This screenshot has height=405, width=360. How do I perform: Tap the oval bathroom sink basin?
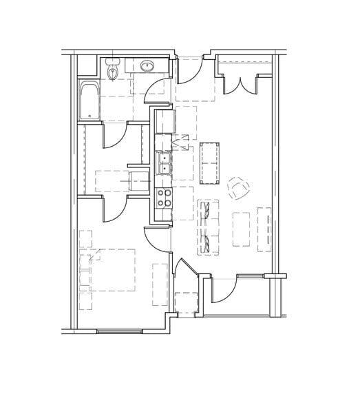point(146,67)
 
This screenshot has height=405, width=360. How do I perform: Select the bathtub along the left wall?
point(89,100)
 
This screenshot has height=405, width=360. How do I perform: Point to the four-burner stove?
point(165,198)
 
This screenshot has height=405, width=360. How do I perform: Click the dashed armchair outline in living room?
point(237,187)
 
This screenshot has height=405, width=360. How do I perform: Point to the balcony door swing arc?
point(224,289)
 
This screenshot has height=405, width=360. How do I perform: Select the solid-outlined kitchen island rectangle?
point(211,163)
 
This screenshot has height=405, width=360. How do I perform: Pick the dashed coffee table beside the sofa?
point(241,229)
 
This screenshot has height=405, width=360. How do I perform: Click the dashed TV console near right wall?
point(264,229)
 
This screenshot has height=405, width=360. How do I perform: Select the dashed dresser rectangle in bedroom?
point(160,284)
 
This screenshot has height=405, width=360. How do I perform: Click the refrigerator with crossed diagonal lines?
point(182,143)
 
